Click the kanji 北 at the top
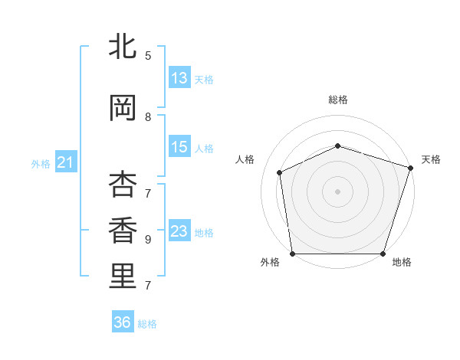tap(123, 47)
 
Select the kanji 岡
tap(123, 108)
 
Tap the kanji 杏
tap(123, 185)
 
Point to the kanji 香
tap(123, 231)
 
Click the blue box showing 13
tap(179, 78)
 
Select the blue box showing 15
tap(179, 148)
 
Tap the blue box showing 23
tap(179, 231)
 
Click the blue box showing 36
tap(123, 322)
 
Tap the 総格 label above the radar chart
tap(337, 100)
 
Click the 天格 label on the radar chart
tap(431, 159)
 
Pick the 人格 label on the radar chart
tap(245, 159)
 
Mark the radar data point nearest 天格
tap(410, 167)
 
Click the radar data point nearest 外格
tap(292, 254)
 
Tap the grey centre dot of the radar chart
tap(337, 191)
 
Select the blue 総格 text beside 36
tap(147, 324)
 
